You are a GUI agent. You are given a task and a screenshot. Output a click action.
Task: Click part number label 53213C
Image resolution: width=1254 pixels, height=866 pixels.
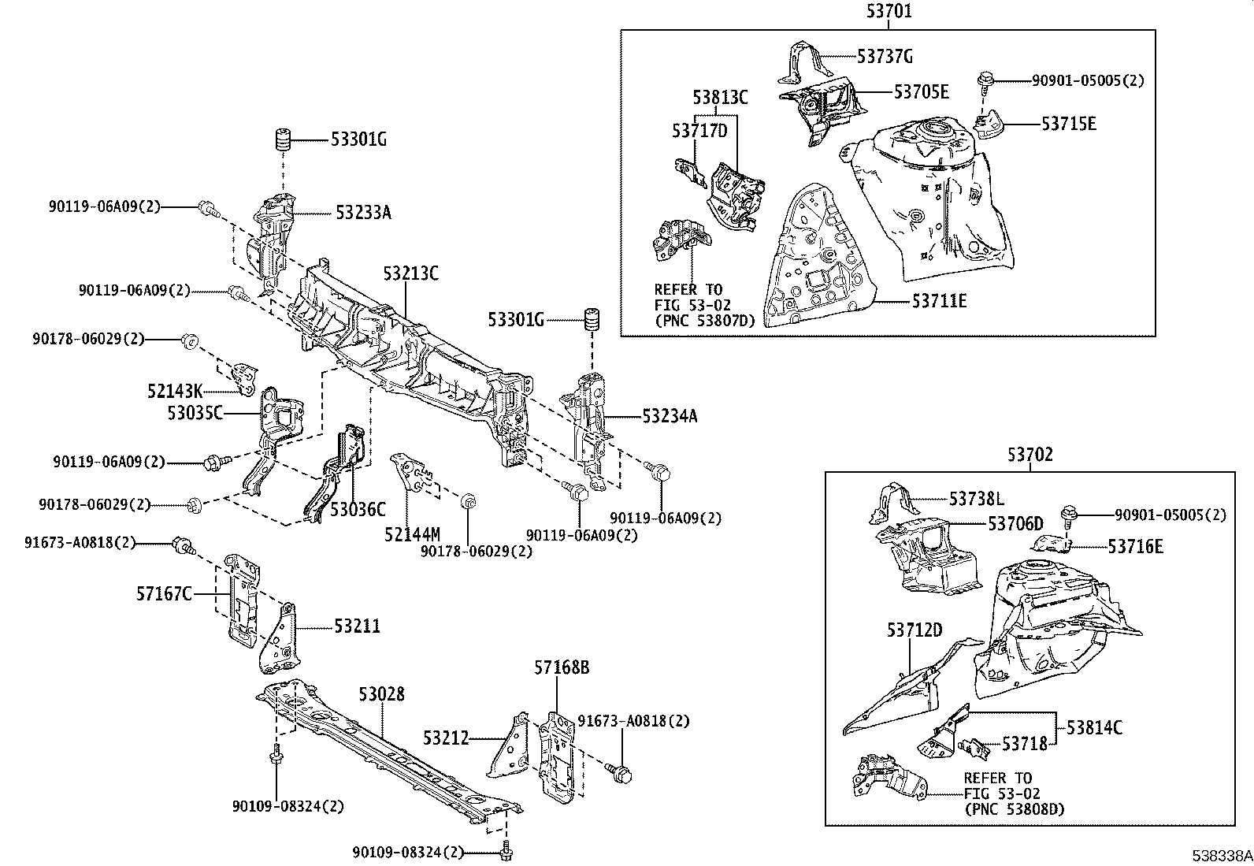click(410, 273)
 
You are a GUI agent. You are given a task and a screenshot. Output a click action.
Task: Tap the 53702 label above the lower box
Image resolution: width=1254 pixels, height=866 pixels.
click(1030, 455)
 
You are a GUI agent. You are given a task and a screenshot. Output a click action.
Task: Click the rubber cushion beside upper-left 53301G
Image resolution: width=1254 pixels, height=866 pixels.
click(284, 140)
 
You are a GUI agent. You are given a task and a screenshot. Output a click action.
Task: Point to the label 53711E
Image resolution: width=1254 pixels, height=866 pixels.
click(940, 301)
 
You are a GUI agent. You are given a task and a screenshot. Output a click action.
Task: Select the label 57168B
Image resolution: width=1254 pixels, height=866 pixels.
click(562, 668)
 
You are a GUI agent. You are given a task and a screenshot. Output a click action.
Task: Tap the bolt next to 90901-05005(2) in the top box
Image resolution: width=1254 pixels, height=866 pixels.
click(984, 80)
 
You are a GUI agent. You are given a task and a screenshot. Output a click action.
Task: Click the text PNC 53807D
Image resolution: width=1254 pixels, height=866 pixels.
click(704, 320)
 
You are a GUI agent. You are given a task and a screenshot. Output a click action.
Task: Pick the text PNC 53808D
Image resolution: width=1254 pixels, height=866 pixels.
click(1014, 809)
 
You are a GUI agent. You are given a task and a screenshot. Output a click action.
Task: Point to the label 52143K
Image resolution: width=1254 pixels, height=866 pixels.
click(174, 390)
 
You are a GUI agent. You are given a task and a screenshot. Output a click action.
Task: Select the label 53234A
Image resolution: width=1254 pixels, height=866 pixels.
click(670, 416)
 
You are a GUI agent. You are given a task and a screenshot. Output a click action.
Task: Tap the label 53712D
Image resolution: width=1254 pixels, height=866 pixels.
click(915, 630)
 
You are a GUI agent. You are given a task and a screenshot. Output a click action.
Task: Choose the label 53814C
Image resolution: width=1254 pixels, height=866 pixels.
click(1095, 727)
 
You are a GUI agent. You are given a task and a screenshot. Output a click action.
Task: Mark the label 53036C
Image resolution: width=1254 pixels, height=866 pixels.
click(358, 510)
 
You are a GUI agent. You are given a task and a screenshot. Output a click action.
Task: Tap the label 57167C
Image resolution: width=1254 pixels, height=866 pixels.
click(164, 593)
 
